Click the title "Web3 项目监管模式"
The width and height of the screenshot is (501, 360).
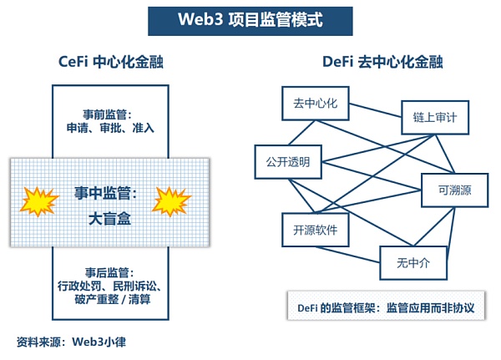(x=250, y=18)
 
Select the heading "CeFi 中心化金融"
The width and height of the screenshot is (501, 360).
(x=110, y=62)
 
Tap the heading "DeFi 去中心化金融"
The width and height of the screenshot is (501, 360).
(x=382, y=62)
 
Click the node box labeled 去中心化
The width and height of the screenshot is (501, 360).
(x=313, y=104)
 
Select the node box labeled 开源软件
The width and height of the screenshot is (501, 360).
(x=315, y=230)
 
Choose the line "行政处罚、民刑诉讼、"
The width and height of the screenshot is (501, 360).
(x=110, y=286)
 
